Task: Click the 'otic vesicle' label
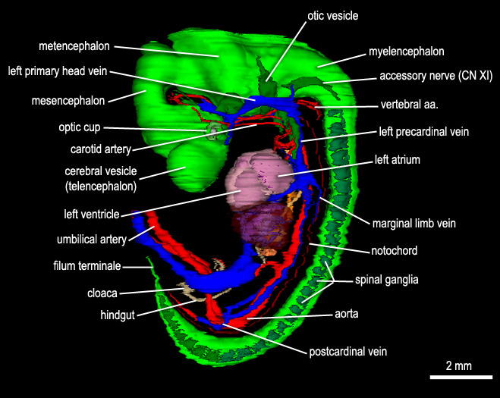[332, 14]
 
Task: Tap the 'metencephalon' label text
[74, 45]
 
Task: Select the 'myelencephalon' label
[406, 52]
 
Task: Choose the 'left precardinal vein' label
[423, 131]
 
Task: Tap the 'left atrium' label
[398, 160]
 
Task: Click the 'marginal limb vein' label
[414, 223]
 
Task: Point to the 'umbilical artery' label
[92, 239]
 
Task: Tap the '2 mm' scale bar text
[458, 366]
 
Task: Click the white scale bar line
[458, 377]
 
